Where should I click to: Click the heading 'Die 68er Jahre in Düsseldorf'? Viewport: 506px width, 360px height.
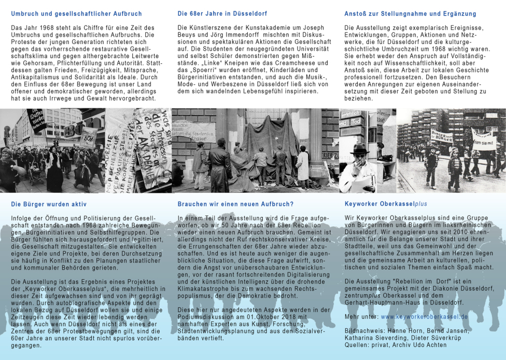(222, 14)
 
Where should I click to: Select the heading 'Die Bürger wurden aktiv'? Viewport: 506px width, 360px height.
(49, 204)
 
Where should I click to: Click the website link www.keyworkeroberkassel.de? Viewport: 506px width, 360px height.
(424, 316)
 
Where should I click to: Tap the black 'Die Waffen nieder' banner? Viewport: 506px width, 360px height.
(37, 120)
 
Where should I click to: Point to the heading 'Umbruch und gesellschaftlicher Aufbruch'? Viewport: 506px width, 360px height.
(76, 14)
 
